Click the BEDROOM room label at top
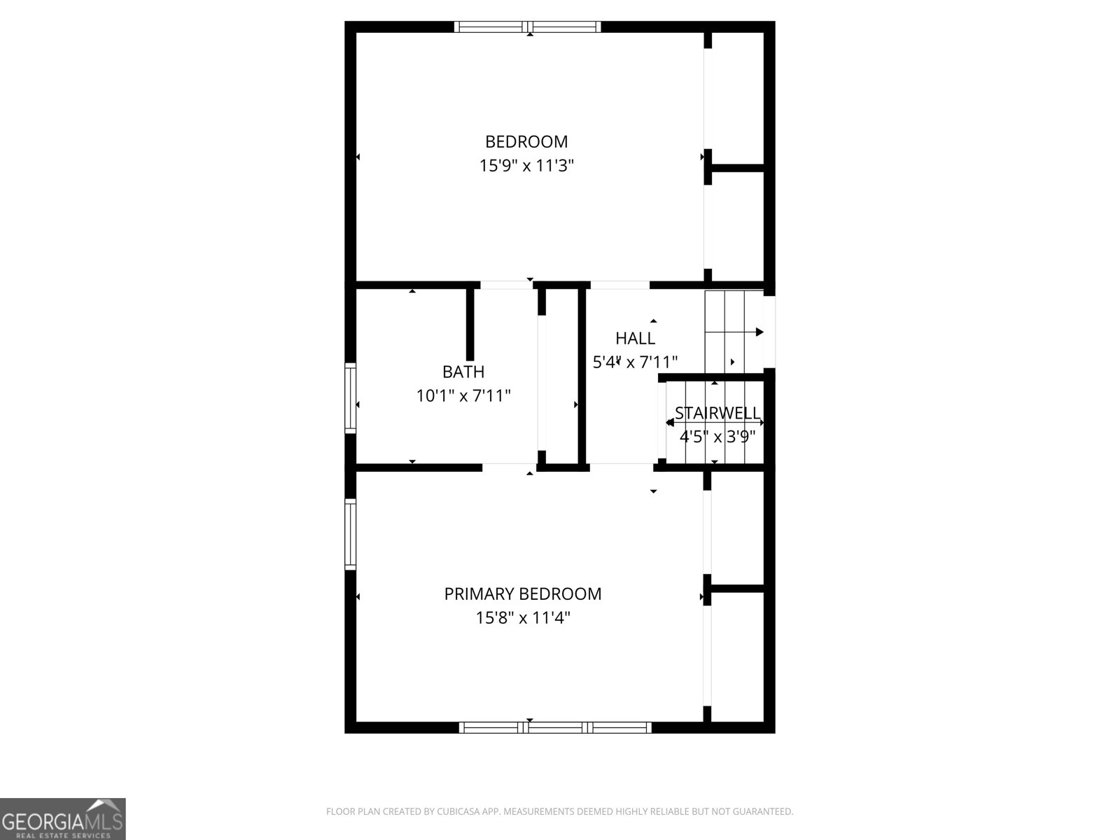pyautogui.click(x=526, y=141)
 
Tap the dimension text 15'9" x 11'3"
pyautogui.click(x=526, y=166)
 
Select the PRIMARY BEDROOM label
pyautogui.click(x=523, y=594)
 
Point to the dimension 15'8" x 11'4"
pyautogui.click(x=523, y=618)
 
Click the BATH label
pyautogui.click(x=463, y=372)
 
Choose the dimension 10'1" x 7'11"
pyautogui.click(x=463, y=396)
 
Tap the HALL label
pyautogui.click(x=635, y=339)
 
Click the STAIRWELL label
pyautogui.click(x=717, y=413)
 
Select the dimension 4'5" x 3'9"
pyautogui.click(x=717, y=437)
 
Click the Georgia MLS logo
pyautogui.click(x=63, y=819)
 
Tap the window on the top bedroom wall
pyautogui.click(x=527, y=27)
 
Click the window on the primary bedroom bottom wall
pyautogui.click(x=555, y=727)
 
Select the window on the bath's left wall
pyautogui.click(x=350, y=398)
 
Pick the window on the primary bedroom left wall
pyautogui.click(x=350, y=533)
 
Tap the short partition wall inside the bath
pyautogui.click(x=470, y=323)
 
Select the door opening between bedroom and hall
pyautogui.click(x=619, y=285)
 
